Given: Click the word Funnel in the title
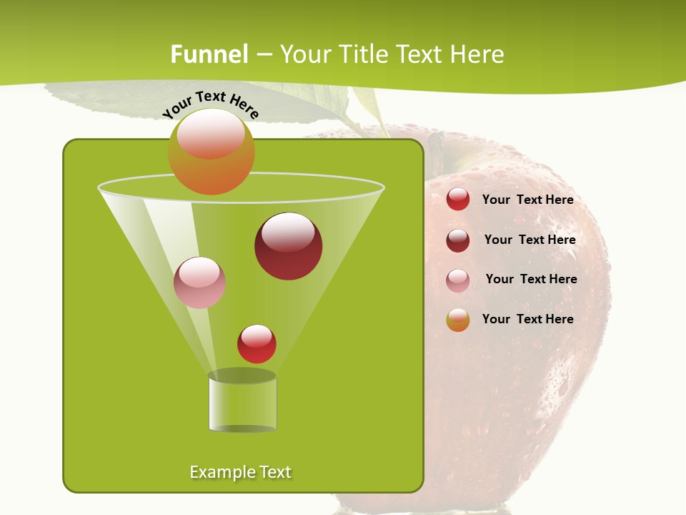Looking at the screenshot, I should pyautogui.click(x=209, y=54).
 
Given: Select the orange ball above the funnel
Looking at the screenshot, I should pyautogui.click(x=211, y=151).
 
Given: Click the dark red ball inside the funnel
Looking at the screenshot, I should pyautogui.click(x=288, y=246).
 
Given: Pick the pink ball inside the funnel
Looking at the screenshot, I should pyautogui.click(x=199, y=283).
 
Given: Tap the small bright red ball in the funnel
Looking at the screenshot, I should pyautogui.click(x=257, y=343).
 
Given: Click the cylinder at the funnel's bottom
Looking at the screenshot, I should pyautogui.click(x=242, y=404).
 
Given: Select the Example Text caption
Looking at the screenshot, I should pyautogui.click(x=240, y=472).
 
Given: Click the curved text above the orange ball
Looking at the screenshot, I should pyautogui.click(x=210, y=103).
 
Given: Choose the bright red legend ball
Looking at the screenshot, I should pyautogui.click(x=458, y=200).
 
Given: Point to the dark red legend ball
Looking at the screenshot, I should pyautogui.click(x=458, y=240).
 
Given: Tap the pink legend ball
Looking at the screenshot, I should pyautogui.click(x=458, y=280).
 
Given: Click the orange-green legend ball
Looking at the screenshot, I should pyautogui.click(x=458, y=320).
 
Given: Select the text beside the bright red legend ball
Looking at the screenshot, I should pyautogui.click(x=527, y=200).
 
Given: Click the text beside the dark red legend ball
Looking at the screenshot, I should pyautogui.click(x=530, y=240).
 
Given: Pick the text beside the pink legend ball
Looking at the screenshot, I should pyautogui.click(x=531, y=280).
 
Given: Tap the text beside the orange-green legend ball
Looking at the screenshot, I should pyautogui.click(x=527, y=319).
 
